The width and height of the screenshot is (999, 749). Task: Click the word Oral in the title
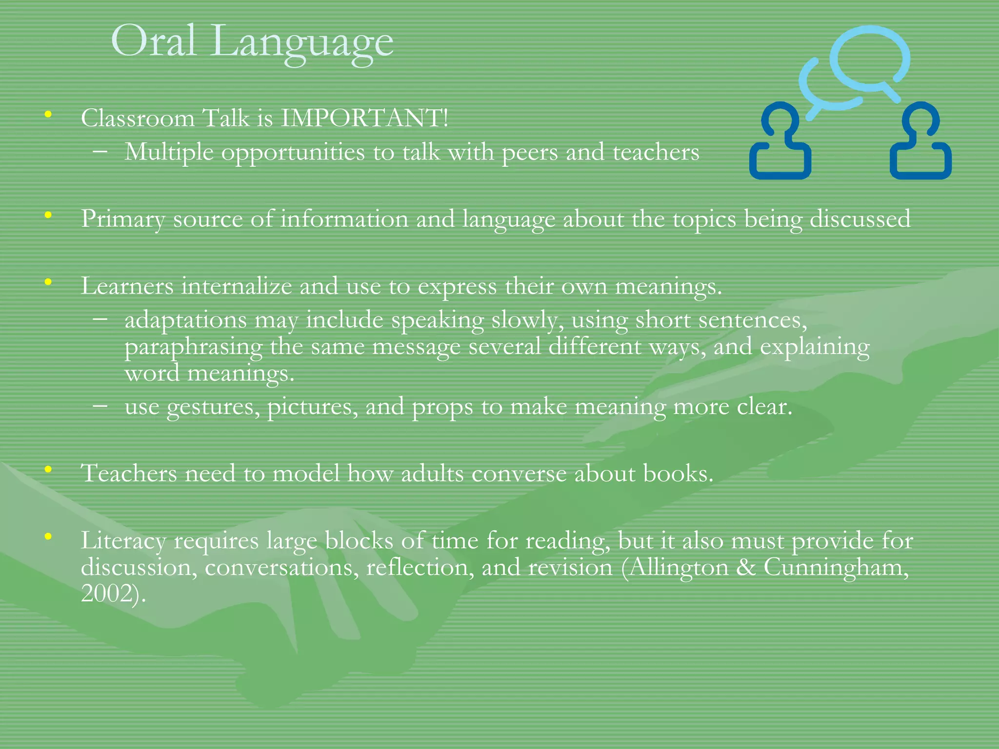154,41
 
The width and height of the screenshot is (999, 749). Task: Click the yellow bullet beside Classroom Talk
48,115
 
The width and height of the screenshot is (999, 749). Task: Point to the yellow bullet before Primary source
48,215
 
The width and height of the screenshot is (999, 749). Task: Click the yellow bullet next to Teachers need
48,470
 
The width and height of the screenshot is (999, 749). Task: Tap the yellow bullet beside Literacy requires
48,537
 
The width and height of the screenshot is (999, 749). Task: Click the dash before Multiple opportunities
100,152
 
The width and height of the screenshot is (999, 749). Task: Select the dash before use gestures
100,406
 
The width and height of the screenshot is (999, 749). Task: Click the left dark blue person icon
780,141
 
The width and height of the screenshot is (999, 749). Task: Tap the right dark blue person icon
920,141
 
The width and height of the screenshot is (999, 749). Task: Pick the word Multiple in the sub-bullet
169,152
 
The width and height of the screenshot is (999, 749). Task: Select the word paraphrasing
193,348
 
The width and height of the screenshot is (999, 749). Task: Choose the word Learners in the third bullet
127,286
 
